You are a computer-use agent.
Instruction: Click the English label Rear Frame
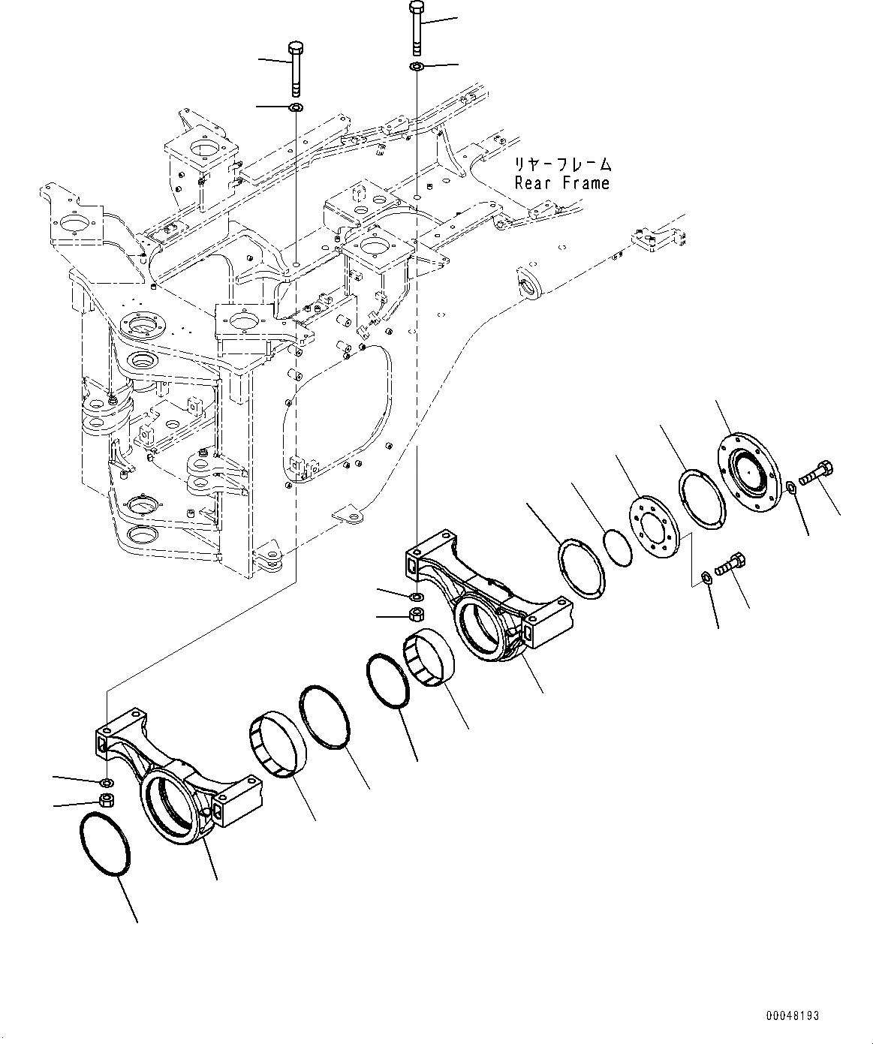coord(561,183)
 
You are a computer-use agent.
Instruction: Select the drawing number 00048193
coord(792,1015)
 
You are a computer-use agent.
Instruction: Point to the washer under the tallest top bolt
coord(417,68)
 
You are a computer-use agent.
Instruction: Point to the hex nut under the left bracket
coord(107,801)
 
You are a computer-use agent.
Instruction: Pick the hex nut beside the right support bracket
coord(416,615)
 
